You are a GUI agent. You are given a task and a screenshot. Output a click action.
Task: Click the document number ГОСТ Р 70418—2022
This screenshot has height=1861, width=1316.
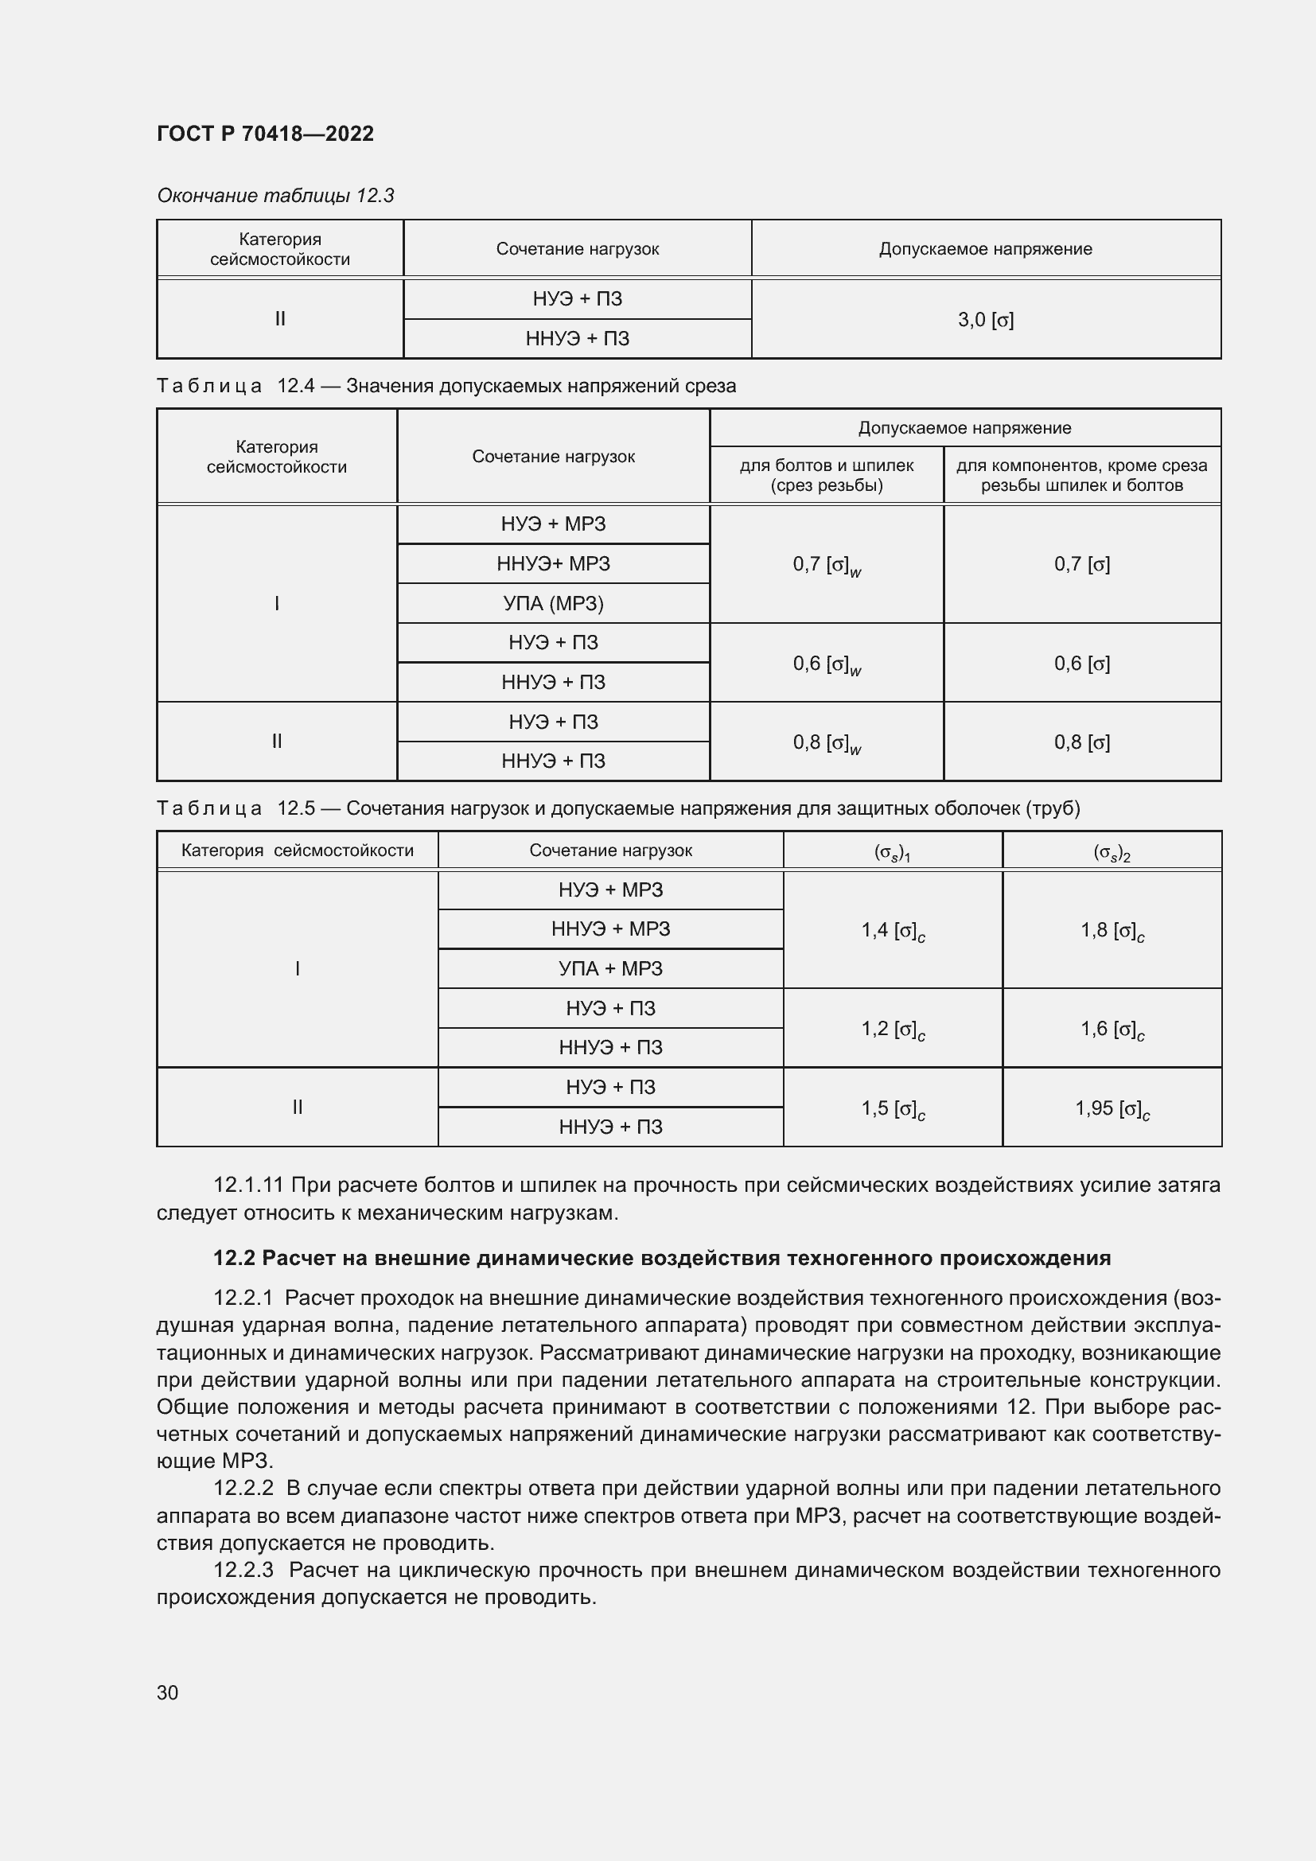[265, 134]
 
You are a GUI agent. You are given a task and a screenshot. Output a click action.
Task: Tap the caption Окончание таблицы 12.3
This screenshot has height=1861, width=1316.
[274, 196]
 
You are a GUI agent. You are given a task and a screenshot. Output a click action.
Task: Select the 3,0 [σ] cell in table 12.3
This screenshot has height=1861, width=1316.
[985, 319]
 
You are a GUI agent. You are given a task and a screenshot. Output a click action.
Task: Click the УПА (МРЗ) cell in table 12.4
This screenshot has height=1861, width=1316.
[553, 603]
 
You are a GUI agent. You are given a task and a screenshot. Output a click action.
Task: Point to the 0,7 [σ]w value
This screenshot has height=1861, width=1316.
[826, 564]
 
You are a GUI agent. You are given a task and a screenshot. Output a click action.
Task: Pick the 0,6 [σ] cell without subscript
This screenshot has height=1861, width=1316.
[1081, 663]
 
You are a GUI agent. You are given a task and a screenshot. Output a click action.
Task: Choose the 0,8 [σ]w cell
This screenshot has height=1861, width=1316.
[826, 742]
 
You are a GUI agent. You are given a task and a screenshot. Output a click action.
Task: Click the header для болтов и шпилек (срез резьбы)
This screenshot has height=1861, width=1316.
[826, 475]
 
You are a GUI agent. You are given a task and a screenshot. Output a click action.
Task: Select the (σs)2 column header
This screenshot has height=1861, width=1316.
[1111, 852]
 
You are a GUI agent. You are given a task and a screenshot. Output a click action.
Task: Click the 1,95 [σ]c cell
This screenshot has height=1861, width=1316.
[1111, 1108]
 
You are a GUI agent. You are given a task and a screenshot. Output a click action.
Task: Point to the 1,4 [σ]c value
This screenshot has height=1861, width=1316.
[892, 931]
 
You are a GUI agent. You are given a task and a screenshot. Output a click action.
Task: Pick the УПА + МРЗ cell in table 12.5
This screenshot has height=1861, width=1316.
[610, 968]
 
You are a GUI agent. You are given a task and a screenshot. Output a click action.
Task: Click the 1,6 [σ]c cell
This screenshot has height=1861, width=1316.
[1111, 1030]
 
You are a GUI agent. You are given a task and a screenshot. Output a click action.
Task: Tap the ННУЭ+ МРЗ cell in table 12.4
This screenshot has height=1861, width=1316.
[553, 563]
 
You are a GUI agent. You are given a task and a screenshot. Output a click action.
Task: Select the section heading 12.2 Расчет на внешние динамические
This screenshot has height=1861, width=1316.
[661, 1258]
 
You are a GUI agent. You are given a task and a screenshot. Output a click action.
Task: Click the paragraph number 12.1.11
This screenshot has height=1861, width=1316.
[248, 1185]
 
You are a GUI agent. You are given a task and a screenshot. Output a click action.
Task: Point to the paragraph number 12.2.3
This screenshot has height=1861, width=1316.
[243, 1570]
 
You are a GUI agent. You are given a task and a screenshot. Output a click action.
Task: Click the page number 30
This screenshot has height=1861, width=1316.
[168, 1692]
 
